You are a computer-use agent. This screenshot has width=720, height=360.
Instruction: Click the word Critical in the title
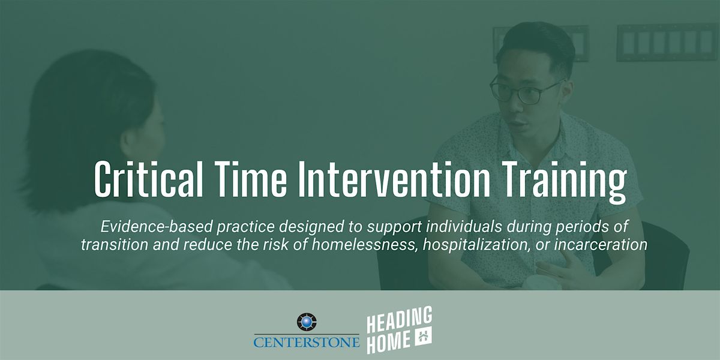coord(149,179)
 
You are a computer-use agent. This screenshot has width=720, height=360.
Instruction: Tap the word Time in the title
coord(251,179)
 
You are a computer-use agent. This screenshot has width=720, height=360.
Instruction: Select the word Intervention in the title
coord(394,179)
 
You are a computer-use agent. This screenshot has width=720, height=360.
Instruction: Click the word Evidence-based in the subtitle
coord(157,227)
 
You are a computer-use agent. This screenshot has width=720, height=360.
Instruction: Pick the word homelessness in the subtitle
coord(365,245)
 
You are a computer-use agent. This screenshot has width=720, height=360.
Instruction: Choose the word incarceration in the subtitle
coord(601,245)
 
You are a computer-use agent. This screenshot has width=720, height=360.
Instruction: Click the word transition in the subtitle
coord(115,245)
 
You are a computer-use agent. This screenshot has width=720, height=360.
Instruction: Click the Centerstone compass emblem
coord(307,322)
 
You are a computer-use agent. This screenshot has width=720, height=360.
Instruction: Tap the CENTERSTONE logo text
coord(307,341)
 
